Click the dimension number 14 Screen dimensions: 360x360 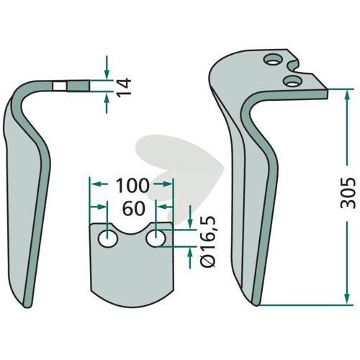pos(125,86)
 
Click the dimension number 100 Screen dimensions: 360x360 pos(132,186)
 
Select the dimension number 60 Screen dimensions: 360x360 pos(134,208)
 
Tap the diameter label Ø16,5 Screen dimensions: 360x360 pos(208,241)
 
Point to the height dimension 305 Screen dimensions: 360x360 pos(348,193)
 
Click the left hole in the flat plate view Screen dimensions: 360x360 pos(108,239)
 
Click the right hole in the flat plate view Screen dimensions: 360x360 pos(156,238)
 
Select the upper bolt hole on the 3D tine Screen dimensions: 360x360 pos(272,60)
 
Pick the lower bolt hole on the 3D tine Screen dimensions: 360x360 pos(292,81)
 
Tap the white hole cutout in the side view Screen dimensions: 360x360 pos(60,86)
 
